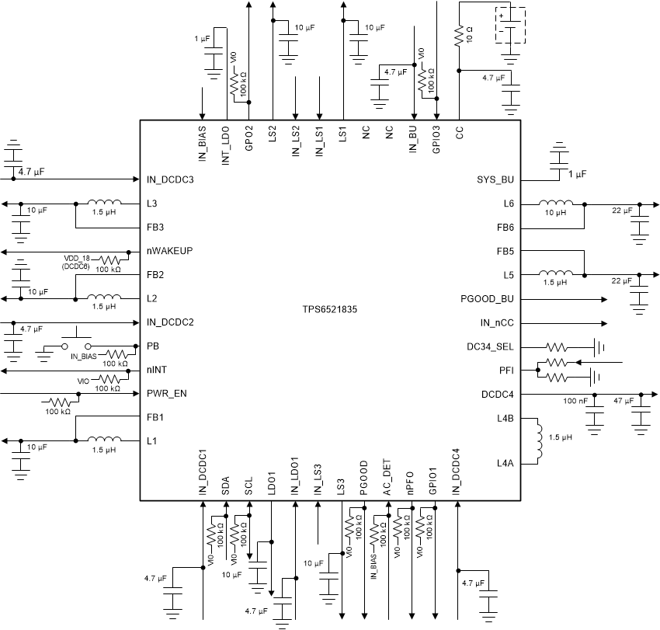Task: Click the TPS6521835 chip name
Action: tap(330, 308)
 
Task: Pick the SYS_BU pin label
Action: tap(495, 179)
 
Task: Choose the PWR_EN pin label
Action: tap(166, 394)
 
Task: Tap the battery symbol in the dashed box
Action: tap(510, 26)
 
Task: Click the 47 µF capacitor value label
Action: tap(624, 401)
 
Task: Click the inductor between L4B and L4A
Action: tap(537, 440)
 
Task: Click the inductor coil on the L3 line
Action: tap(103, 204)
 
